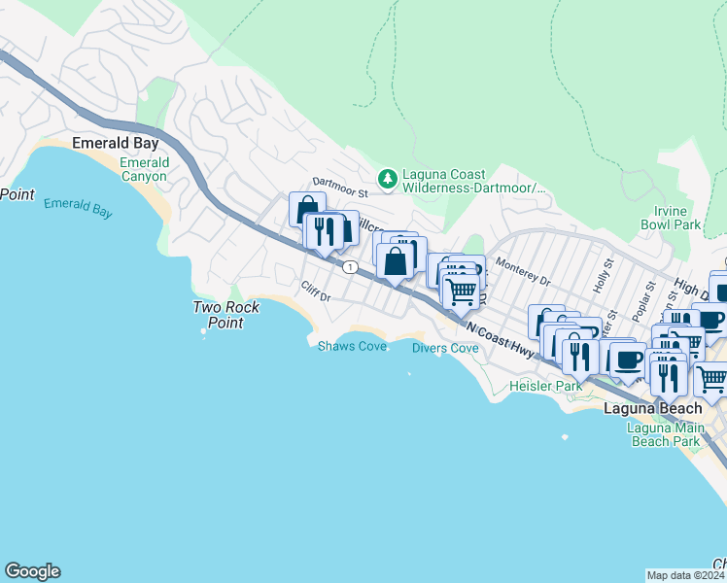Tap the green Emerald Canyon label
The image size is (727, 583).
144,169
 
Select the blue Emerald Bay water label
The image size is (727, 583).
79,206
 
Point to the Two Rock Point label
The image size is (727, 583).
225,315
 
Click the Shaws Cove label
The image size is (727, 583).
352,346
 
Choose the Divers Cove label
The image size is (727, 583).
445,348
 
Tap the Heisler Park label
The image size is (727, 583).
546,386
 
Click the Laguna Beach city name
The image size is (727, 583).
651,408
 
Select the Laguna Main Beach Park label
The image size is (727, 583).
664,434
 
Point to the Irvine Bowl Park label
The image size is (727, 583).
671,218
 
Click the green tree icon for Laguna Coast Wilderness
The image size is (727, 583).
388,177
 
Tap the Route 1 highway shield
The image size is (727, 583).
349,266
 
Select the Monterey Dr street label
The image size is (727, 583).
522,272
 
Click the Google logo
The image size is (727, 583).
32,571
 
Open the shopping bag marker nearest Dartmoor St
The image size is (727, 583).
307,209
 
